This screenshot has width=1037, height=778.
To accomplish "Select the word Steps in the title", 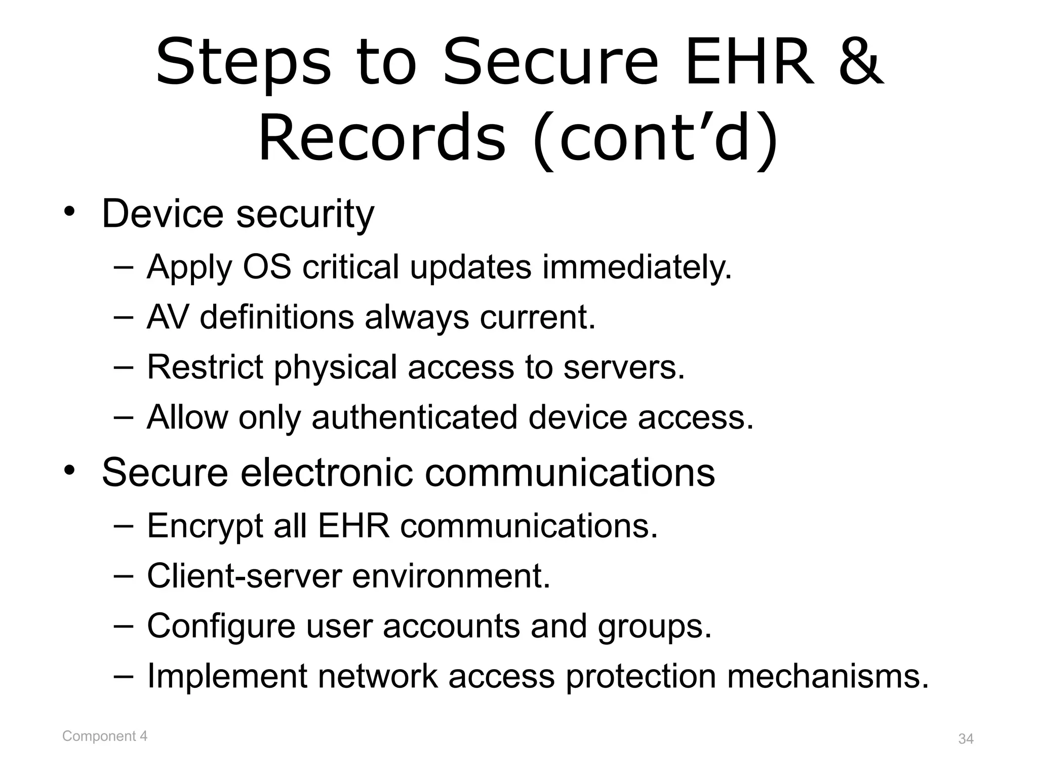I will click(x=244, y=63).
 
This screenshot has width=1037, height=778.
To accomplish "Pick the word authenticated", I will click(x=414, y=417).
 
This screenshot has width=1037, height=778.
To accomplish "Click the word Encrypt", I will click(x=205, y=526).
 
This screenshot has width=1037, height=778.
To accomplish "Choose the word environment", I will click(x=451, y=576).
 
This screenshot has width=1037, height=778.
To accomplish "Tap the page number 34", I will click(x=966, y=739).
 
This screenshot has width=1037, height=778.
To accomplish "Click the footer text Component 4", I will click(x=105, y=736).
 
